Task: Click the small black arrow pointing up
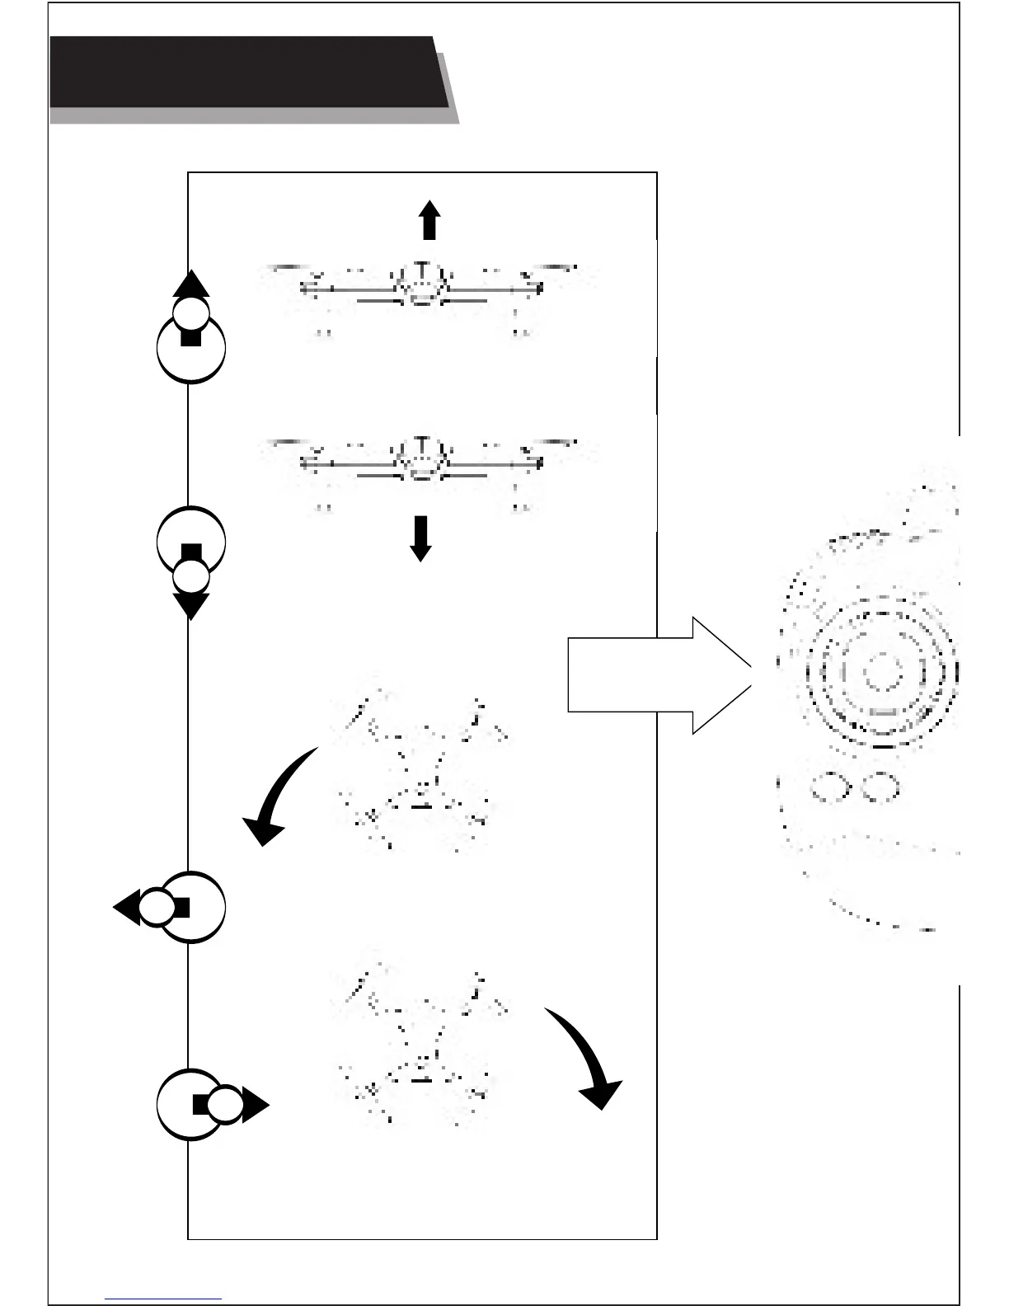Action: [429, 221]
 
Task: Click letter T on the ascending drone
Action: [421, 270]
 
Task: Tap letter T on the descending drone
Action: [421, 446]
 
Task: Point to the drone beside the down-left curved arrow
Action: [420, 771]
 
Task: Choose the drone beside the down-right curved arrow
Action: [420, 1043]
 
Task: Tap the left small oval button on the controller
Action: [831, 787]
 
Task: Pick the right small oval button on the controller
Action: [880, 787]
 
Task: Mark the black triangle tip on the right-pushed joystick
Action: [256, 1105]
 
